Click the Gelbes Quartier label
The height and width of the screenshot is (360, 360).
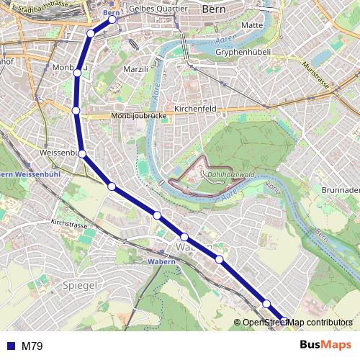158,9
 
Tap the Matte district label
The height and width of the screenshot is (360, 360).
253,25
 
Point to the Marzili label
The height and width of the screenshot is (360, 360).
135,69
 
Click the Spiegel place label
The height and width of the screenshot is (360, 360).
81,286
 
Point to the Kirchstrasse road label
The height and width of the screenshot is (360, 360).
68,225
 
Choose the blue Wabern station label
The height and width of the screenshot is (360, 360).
161,261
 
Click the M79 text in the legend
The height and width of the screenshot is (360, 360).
32,346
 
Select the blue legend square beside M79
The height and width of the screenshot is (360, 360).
10,346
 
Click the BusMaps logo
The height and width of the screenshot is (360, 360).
326,346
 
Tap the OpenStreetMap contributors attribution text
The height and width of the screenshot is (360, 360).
297,323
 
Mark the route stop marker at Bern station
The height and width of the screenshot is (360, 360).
112,19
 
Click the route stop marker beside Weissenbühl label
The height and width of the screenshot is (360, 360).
83,153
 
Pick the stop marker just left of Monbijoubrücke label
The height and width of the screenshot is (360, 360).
76,110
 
